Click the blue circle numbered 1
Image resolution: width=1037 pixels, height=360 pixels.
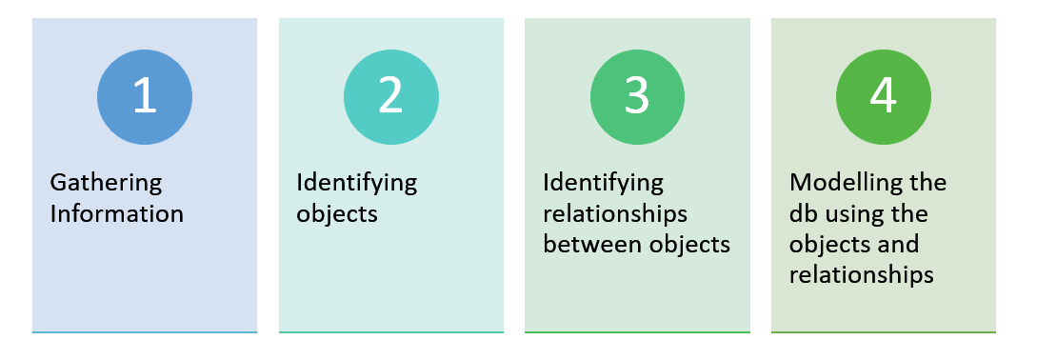(x=145, y=97)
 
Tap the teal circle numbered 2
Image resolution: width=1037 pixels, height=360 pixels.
(x=391, y=97)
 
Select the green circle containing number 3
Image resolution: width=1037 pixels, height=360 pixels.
(x=637, y=97)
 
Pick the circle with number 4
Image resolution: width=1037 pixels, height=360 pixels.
(x=884, y=97)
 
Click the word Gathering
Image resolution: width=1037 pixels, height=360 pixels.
(x=106, y=183)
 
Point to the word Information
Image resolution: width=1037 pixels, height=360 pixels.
(x=116, y=213)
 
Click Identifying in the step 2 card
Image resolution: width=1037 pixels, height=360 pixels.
(x=357, y=182)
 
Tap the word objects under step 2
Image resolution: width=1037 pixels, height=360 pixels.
(x=337, y=213)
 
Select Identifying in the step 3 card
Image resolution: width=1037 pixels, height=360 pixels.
(x=604, y=182)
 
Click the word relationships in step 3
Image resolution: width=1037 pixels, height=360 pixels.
(x=615, y=213)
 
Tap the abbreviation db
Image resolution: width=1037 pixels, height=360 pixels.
(x=803, y=213)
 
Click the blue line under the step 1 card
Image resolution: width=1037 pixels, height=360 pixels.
(x=145, y=332)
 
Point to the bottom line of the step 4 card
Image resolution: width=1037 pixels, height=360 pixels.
(x=884, y=332)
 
